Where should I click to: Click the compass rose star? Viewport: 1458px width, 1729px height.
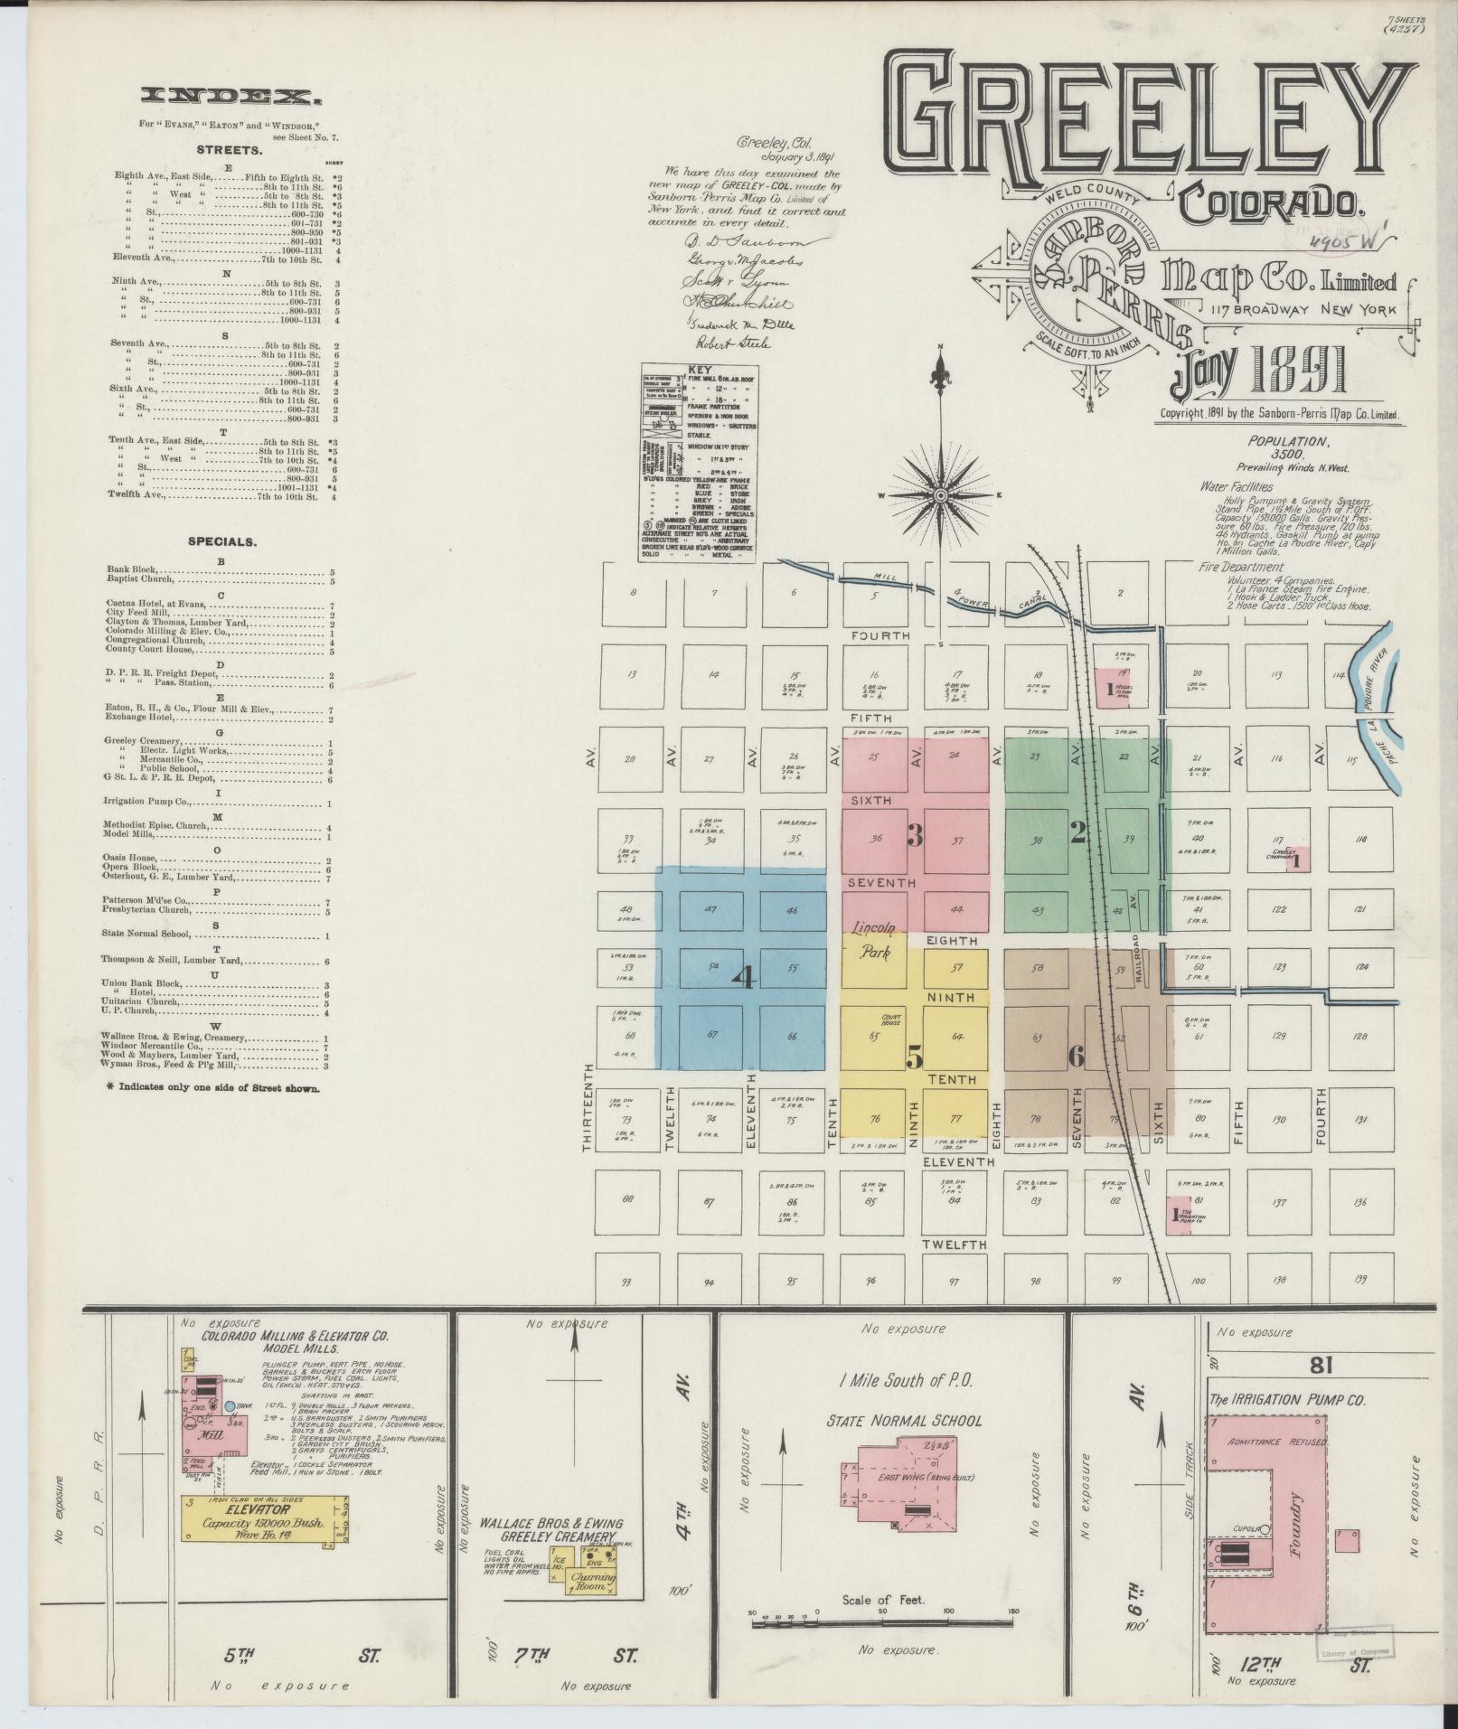(x=940, y=495)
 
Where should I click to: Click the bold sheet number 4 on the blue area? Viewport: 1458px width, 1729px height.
(x=746, y=978)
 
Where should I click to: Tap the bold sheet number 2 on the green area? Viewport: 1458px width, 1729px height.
(x=1077, y=835)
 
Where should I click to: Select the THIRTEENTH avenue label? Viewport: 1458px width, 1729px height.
(x=588, y=1107)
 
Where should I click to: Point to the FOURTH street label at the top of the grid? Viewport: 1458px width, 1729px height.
(x=880, y=636)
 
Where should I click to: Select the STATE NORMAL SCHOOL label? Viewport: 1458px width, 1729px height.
(x=904, y=1420)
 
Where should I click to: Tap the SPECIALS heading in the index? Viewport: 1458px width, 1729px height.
(x=222, y=542)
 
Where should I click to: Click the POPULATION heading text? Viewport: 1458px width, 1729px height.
(x=1289, y=441)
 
